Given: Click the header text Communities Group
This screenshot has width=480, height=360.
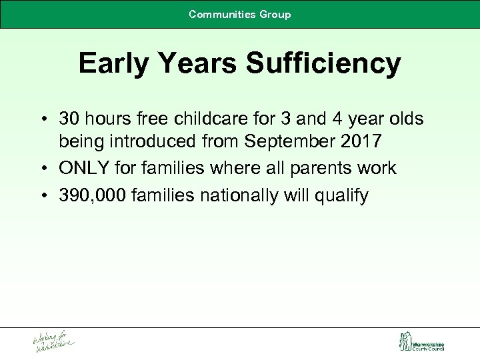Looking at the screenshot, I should (239, 14).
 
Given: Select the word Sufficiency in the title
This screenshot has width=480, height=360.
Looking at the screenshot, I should (323, 63).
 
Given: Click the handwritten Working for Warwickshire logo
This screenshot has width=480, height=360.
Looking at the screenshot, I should (53, 342).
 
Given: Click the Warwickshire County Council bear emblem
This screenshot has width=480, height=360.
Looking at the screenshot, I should (404, 342).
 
